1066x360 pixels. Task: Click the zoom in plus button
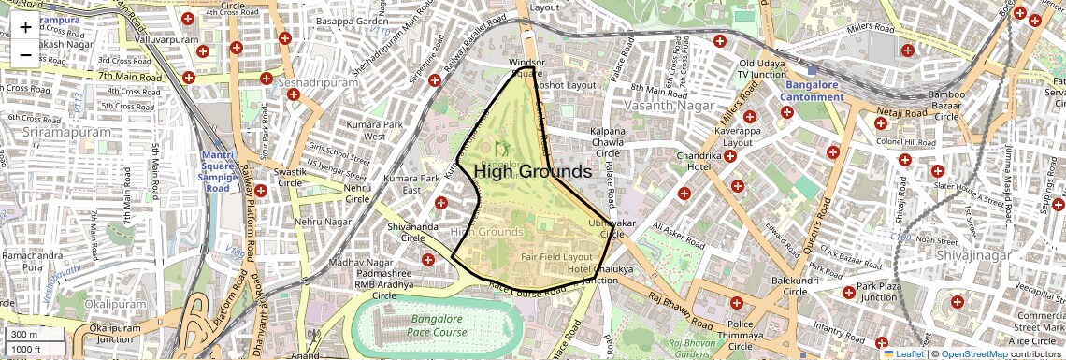click(25, 26)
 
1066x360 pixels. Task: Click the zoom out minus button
click(25, 54)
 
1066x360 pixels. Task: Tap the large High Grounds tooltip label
click(532, 172)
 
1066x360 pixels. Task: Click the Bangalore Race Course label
click(437, 325)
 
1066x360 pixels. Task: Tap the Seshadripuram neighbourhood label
click(318, 82)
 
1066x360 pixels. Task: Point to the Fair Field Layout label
click(556, 256)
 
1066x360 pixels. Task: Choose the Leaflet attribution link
click(903, 353)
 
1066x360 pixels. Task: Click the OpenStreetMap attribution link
click(974, 353)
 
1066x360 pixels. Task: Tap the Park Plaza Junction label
click(878, 292)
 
